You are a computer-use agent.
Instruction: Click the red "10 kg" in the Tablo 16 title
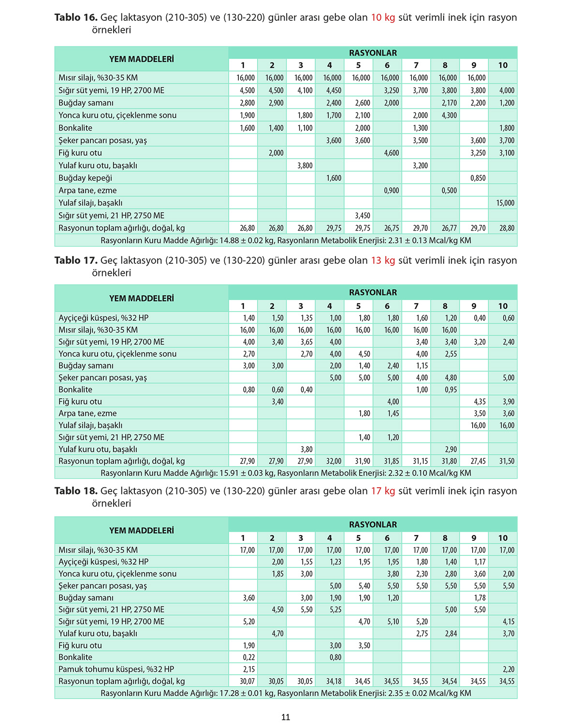(x=383, y=17)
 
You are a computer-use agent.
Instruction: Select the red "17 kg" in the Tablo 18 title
(x=383, y=491)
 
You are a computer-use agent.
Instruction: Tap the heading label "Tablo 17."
(x=76, y=261)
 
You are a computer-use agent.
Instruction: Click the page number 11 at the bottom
(x=286, y=717)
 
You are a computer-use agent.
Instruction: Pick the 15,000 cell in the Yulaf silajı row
(x=505, y=203)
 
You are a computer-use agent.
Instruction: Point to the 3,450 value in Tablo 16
(x=362, y=216)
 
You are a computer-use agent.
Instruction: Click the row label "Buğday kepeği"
(x=85, y=178)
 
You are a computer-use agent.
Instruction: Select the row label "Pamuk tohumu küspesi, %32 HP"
(x=116, y=669)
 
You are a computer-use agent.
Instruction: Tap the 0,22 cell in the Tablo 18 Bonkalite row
(x=248, y=657)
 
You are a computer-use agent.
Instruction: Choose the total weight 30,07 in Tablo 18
(x=247, y=681)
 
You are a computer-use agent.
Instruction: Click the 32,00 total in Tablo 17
(x=333, y=462)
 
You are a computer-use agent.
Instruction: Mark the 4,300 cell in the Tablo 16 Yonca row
(x=449, y=116)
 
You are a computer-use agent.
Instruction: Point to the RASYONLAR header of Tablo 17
(x=373, y=292)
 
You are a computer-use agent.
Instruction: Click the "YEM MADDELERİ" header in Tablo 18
(x=141, y=530)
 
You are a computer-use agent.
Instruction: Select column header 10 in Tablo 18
(x=503, y=538)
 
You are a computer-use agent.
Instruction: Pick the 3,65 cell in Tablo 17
(x=305, y=342)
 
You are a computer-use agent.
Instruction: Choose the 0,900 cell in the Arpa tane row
(x=391, y=190)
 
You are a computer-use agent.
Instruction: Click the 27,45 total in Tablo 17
(x=478, y=462)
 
